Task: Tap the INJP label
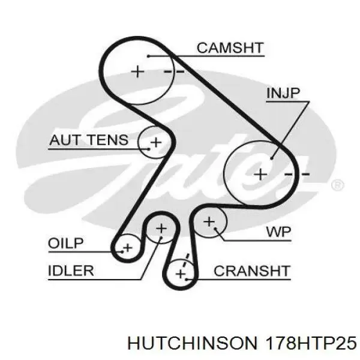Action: coord(283,93)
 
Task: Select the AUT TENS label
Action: coord(88,140)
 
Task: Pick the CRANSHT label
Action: coord(252,271)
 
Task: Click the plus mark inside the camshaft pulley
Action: coord(139,71)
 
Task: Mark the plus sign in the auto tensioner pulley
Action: coord(155,142)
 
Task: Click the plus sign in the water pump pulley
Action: coord(209,222)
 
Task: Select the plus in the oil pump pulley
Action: coord(127,247)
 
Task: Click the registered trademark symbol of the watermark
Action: coord(338,184)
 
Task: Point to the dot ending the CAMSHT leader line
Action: coord(147,56)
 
